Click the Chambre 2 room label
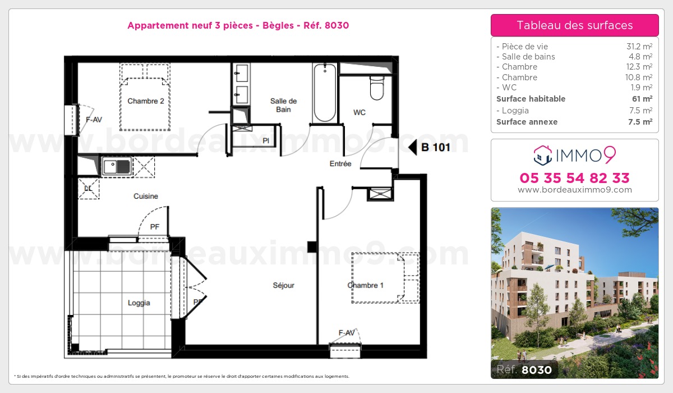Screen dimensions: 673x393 click(x=146, y=101)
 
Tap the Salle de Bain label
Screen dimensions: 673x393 click(x=283, y=105)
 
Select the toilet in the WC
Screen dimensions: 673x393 click(x=377, y=88)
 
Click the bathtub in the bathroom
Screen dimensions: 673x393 click(x=325, y=93)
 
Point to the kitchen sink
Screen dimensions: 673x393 click(x=116, y=166)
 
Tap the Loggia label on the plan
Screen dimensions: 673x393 click(x=139, y=303)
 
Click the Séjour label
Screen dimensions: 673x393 click(x=283, y=285)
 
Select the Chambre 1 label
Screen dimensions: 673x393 click(x=365, y=285)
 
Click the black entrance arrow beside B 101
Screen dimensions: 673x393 click(x=413, y=147)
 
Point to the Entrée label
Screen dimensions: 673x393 click(x=340, y=163)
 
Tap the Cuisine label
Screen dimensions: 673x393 click(x=146, y=196)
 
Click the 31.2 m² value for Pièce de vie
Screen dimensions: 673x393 click(x=639, y=47)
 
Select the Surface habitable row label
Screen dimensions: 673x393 click(x=531, y=99)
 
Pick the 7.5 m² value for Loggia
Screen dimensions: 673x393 click(x=640, y=111)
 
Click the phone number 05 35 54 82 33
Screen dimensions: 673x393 click(x=574, y=178)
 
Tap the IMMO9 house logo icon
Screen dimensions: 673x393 click(x=543, y=156)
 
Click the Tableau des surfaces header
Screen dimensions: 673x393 click(x=574, y=25)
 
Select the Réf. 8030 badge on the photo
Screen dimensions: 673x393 click(x=524, y=369)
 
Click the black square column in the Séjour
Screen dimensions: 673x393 click(x=312, y=247)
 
